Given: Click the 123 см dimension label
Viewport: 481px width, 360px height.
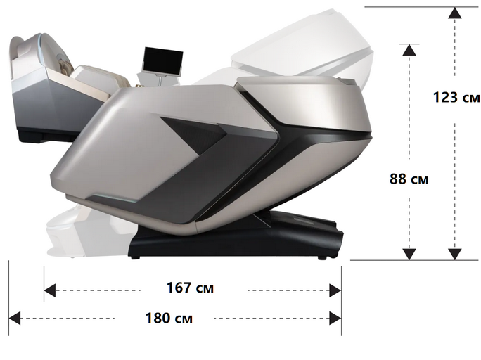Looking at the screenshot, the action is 456,98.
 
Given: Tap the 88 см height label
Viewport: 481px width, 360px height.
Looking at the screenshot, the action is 409,179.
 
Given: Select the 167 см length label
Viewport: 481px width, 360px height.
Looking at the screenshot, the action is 190,288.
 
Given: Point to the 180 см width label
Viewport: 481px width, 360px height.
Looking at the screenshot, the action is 169,319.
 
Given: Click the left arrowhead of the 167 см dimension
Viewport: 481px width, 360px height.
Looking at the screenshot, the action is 50,290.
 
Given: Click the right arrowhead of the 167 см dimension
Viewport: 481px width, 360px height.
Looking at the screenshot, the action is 335,290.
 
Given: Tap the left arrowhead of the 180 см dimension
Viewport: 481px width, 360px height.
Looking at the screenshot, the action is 15,318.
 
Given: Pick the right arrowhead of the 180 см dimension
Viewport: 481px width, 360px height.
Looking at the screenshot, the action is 335,318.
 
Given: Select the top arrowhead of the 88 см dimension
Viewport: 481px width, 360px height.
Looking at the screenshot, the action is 409,50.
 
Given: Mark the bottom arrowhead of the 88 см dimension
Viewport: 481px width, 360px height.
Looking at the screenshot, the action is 409,255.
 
